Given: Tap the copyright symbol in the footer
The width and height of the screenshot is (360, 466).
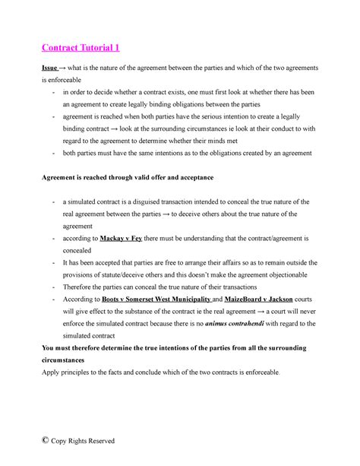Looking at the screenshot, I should (x=46, y=440).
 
